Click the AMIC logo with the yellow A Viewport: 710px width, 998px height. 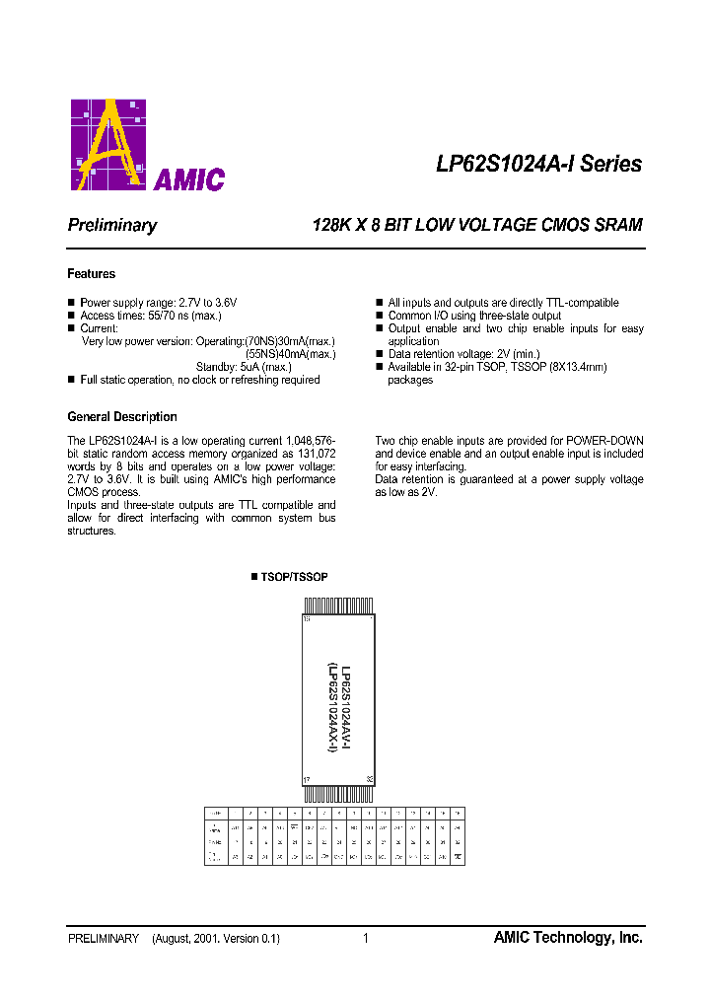point(148,145)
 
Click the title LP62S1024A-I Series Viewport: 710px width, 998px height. point(538,164)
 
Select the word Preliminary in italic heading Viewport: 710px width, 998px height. point(112,225)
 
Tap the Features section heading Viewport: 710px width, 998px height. point(92,274)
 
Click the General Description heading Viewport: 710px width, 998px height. point(122,417)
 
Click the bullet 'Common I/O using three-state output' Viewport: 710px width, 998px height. point(474,316)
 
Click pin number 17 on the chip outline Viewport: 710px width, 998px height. point(307,779)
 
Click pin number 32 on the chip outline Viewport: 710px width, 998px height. point(369,779)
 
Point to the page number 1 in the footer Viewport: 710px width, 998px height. point(366,939)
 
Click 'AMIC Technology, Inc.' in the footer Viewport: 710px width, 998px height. point(568,938)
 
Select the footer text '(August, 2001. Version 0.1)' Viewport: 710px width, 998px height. point(216,939)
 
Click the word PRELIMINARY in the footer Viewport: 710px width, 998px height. point(104,939)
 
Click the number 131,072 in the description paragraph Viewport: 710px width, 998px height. point(315,454)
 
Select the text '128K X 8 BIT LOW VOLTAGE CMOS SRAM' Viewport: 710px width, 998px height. point(476,225)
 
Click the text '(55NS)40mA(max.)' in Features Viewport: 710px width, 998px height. point(290,354)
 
